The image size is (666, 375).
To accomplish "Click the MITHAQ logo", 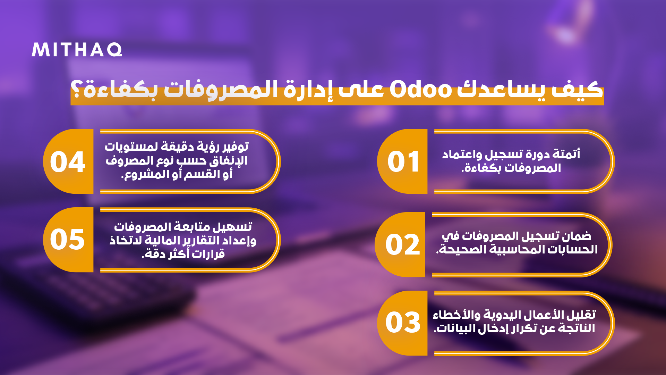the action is [77, 50].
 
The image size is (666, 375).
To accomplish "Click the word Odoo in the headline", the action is [421, 90].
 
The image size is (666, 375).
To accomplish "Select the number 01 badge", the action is [402, 161].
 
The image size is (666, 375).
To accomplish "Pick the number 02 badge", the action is [400, 245].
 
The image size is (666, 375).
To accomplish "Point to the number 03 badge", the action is [402, 323].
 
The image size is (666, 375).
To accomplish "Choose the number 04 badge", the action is [68, 161].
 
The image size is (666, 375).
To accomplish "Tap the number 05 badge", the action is [68, 240].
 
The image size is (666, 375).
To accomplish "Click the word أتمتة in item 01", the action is [566, 154].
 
